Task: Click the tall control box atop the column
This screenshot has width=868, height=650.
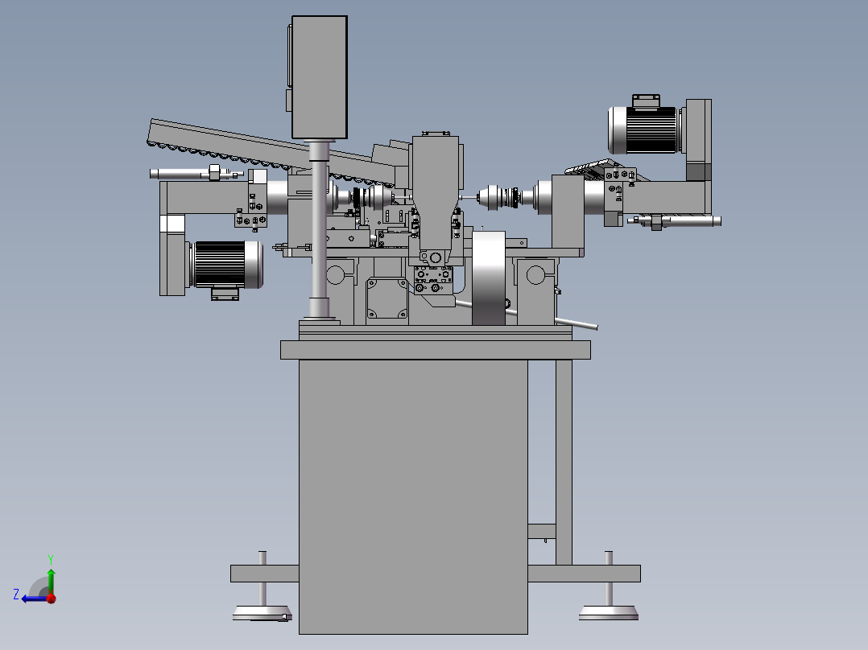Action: [320, 77]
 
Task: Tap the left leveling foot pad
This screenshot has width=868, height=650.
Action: [262, 613]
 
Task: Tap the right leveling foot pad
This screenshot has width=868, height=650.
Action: [609, 612]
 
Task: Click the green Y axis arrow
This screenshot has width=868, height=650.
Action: [51, 575]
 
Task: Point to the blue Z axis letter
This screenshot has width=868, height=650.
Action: [16, 594]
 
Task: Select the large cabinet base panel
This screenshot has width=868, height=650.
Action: [413, 497]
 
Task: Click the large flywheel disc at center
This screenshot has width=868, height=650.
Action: [488, 278]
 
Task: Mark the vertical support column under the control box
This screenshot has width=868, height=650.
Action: [320, 229]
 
